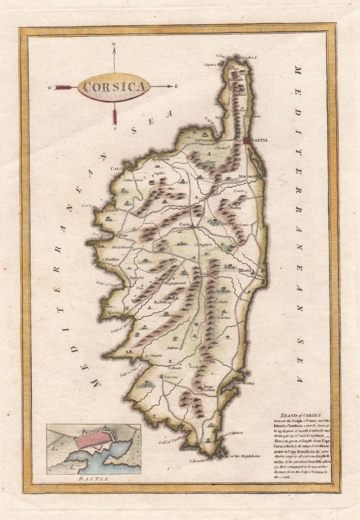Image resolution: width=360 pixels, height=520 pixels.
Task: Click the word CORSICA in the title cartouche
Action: click(x=114, y=87)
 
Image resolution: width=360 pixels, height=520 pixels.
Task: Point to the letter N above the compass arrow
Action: click(x=114, y=45)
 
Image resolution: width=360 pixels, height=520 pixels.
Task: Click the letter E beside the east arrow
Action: click(x=176, y=87)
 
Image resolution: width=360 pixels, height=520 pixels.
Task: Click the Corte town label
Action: click(x=185, y=225)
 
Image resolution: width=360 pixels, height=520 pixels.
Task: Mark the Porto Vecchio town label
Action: click(x=210, y=388)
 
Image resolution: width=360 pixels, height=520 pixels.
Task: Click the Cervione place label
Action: click(x=240, y=225)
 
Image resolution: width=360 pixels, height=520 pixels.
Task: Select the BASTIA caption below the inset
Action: click(x=93, y=479)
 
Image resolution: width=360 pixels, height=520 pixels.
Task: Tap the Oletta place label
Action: click(x=221, y=148)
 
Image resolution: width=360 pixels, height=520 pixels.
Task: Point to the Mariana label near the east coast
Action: click(x=246, y=176)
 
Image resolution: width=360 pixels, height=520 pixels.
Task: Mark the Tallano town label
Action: click(x=176, y=367)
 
